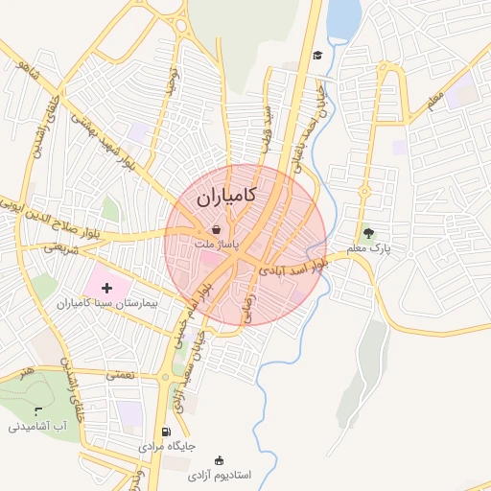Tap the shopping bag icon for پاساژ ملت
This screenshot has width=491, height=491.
click(x=217, y=230)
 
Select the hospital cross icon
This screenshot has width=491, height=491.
click(x=106, y=288)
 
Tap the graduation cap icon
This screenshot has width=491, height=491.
click(x=316, y=55)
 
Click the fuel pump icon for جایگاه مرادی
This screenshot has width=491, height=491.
click(x=168, y=432)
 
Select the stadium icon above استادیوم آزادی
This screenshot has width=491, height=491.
click(x=220, y=460)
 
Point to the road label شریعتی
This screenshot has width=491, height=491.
click(x=58, y=247)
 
